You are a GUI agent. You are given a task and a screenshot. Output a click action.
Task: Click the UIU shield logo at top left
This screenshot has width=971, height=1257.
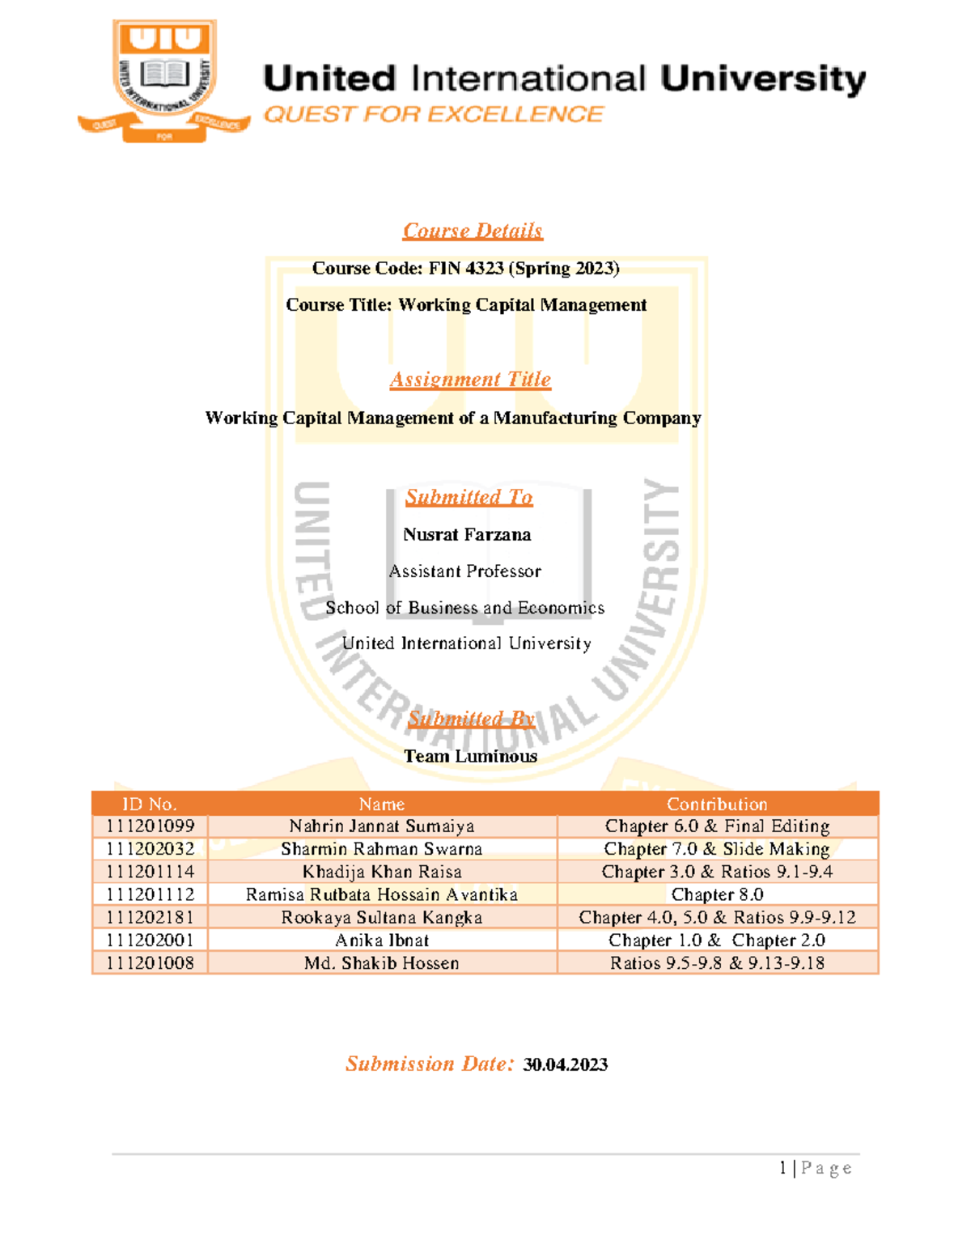tap(165, 79)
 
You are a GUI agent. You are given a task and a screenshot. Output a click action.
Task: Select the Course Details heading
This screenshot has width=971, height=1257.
tap(473, 231)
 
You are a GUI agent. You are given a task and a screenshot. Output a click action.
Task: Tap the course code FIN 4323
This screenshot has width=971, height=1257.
tap(466, 268)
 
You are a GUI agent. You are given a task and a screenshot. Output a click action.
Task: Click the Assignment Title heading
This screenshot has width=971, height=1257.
tap(470, 380)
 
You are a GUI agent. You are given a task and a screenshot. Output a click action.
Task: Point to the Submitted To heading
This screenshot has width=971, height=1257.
tap(469, 497)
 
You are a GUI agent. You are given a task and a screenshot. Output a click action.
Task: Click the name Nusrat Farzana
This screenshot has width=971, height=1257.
tap(467, 534)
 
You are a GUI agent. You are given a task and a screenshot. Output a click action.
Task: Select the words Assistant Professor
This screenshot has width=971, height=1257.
tap(464, 571)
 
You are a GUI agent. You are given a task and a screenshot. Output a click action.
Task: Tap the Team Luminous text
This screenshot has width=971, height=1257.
tap(470, 756)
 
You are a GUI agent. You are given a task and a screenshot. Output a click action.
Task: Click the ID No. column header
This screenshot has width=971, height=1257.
tap(150, 804)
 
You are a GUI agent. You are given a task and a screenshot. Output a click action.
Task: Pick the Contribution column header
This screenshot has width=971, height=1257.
tap(717, 804)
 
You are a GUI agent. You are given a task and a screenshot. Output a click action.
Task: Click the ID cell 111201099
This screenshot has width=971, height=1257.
tap(151, 826)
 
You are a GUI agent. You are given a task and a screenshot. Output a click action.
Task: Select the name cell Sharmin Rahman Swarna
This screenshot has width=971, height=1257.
tap(381, 849)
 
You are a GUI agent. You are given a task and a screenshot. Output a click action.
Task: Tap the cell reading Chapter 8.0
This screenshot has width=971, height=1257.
tap(717, 894)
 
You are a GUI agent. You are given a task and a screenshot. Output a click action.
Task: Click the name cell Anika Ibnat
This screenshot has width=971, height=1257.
tap(381, 941)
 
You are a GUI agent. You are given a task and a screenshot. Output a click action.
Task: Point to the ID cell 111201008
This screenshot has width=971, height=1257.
tap(151, 963)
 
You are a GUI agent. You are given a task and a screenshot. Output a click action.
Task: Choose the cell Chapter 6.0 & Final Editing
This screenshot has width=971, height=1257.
tap(717, 826)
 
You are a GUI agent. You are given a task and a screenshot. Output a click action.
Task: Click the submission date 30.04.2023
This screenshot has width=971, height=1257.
tap(565, 1064)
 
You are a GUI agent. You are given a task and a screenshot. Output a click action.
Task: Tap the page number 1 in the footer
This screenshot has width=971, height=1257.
tap(783, 1168)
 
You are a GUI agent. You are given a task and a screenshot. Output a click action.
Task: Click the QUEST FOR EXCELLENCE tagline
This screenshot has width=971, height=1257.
tap(434, 114)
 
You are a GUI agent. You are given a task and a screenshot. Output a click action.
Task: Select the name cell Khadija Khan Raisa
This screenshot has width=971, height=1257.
tap(381, 872)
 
